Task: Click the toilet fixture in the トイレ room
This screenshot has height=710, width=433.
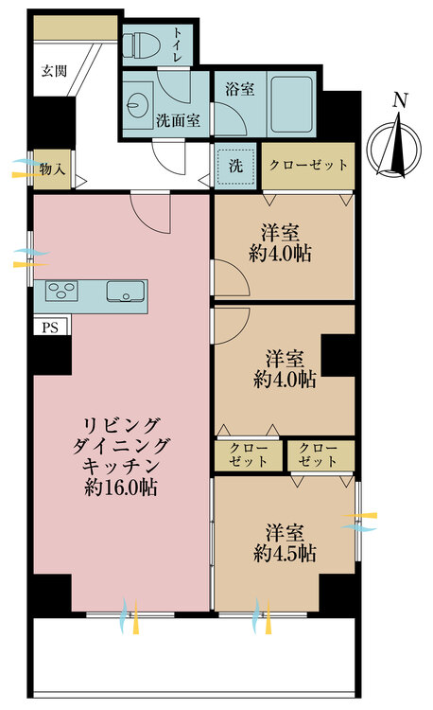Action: point(144,42)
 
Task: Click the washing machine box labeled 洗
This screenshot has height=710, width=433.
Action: point(234,165)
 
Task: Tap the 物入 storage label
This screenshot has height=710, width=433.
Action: point(53,169)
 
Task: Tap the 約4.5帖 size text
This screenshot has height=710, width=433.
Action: point(285,554)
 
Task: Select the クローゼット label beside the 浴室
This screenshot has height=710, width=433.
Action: point(308,165)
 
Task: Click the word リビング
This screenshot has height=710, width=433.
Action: point(120,423)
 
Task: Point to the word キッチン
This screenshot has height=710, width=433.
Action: point(120,467)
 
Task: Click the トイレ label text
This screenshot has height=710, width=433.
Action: point(180,44)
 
